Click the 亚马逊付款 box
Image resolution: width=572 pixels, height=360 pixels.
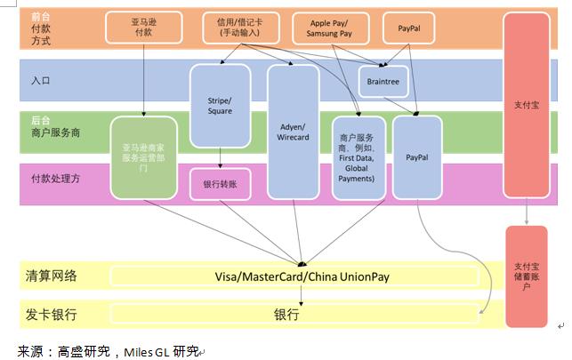coord(142,28)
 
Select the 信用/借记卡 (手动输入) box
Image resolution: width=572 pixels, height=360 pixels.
coord(238,28)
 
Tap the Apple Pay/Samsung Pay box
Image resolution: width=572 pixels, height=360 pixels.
coord(328,28)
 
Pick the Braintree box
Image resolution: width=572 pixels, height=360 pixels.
coord(383,81)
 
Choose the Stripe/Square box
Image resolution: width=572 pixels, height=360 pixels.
coord(220,104)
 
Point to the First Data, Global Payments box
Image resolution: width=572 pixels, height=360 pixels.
coord(358,156)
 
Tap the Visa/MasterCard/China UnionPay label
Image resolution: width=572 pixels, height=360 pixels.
coord(302,276)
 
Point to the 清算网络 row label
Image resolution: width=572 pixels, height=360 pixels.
coord(52,276)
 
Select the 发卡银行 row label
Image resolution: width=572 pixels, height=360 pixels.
coord(52,315)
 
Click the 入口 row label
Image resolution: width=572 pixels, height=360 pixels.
coord(41,81)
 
